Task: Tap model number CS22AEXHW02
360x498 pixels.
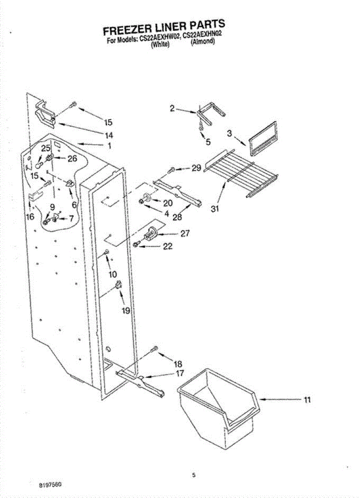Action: point(159,38)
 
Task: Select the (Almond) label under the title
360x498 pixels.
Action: point(203,41)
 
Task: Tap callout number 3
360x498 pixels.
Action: point(229,134)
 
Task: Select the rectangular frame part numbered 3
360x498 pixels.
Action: point(263,139)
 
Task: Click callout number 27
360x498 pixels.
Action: point(185,233)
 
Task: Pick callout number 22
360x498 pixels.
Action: point(168,246)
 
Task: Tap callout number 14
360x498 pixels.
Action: point(109,135)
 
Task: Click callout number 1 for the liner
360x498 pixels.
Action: point(109,146)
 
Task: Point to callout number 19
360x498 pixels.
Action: point(126,310)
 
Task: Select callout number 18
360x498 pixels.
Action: point(178,364)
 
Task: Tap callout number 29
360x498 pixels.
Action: point(197,168)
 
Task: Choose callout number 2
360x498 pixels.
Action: point(173,109)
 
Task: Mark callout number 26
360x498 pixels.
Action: point(72,159)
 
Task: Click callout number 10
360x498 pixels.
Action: point(113,274)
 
